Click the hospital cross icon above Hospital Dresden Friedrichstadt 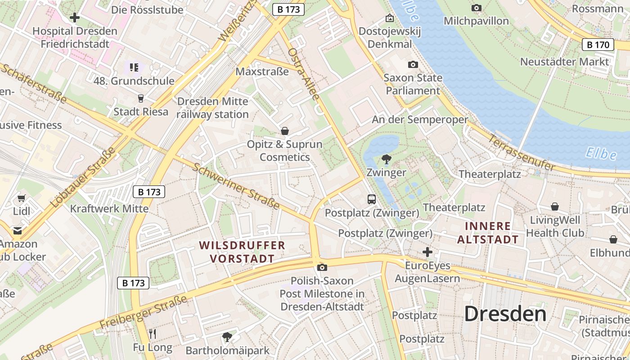[75, 18]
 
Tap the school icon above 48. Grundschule [134, 67]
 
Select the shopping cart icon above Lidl [21, 198]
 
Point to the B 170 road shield [598, 45]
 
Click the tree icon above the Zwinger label [386, 159]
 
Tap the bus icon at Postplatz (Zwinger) [372, 199]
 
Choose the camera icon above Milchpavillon [476, 8]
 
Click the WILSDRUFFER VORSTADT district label [243, 252]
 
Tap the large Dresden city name [505, 314]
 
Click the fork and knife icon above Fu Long [153, 334]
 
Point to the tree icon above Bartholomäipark [227, 337]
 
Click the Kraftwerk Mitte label [109, 209]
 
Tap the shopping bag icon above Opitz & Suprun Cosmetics [284, 131]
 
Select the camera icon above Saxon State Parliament [413, 65]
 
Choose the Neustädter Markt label [564, 62]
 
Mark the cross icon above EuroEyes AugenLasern [427, 252]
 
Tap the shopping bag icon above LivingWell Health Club [555, 207]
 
